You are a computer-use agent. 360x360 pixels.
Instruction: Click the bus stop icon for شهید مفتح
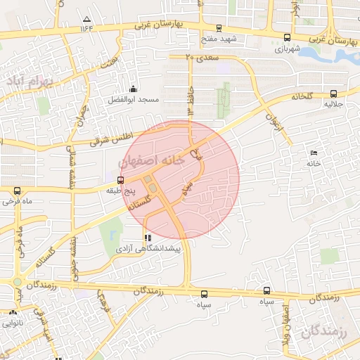point(220,28)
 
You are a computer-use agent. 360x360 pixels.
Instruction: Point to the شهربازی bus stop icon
point(286,38)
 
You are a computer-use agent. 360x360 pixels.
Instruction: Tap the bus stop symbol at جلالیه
point(333,93)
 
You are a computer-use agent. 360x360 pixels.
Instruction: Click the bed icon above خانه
point(314,153)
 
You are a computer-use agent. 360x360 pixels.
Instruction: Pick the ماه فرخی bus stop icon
point(17,190)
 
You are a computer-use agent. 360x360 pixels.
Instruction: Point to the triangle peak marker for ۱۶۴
point(86,19)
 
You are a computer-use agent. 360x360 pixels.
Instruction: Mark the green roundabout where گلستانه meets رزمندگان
point(17,282)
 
